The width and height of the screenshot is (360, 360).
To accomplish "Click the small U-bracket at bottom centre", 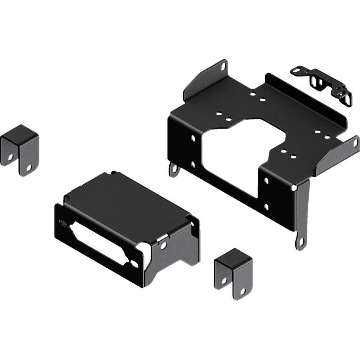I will tap(234, 272).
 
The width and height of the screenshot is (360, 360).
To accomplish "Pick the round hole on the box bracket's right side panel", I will tap(163, 246).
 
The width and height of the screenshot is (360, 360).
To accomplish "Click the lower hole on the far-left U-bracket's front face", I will tap(30, 168).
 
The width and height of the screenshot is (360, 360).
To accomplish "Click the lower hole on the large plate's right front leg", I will tap(266, 207).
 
